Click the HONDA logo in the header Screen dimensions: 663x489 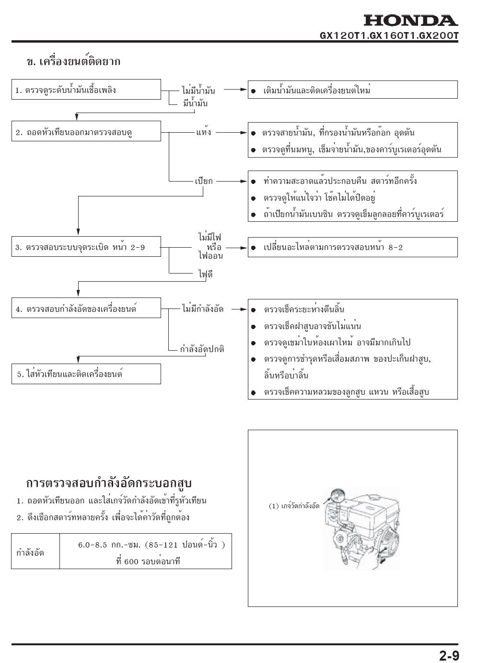point(410,21)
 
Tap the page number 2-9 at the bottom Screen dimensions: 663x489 point(449,655)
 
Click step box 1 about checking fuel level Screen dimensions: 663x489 point(86,90)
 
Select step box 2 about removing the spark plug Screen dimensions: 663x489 point(86,131)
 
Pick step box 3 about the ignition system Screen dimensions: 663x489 point(86,247)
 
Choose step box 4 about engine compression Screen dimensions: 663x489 point(86,309)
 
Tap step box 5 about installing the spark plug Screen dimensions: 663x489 point(86,374)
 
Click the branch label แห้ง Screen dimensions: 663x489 point(204,132)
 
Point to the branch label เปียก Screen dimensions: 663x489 point(204,181)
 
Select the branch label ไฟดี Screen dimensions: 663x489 point(205,274)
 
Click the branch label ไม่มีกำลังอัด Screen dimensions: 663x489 point(203,309)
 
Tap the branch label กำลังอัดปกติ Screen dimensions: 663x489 point(202,349)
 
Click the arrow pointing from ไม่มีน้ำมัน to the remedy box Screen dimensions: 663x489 point(235,90)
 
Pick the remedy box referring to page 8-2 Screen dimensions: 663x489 point(352,248)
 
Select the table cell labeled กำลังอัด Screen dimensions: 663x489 point(31,552)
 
